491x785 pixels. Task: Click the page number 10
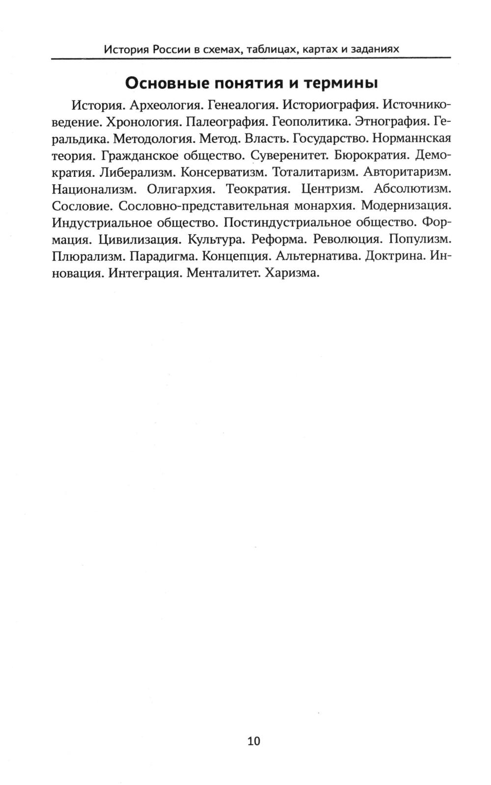[254, 740]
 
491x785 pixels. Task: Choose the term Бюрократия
[371, 156]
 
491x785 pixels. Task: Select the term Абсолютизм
[412, 189]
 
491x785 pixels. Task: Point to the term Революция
[347, 240]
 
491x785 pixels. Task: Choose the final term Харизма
[292, 273]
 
